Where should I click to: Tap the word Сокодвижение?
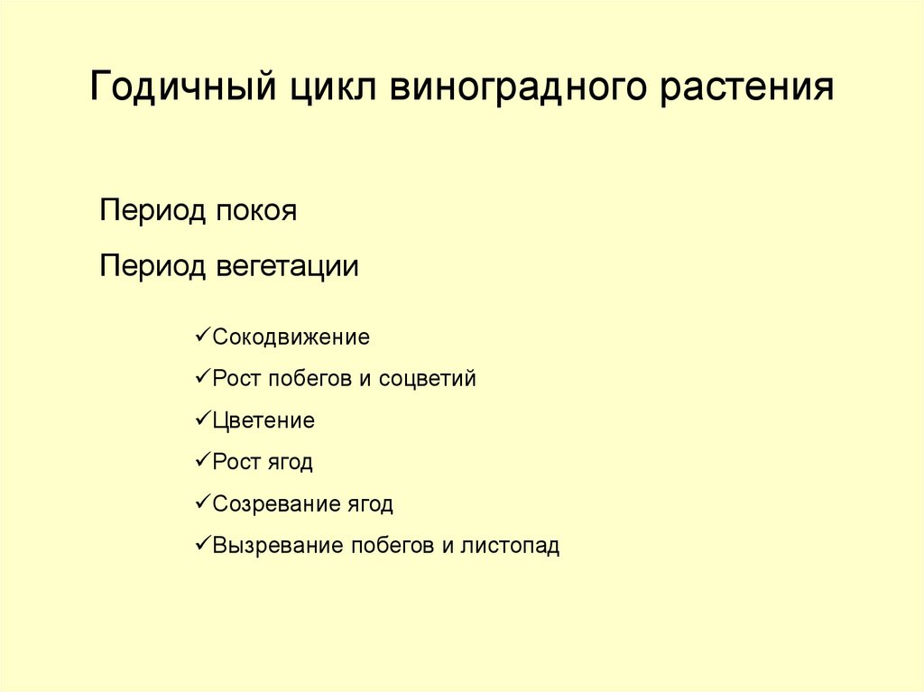click(x=291, y=337)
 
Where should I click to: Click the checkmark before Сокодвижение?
click(x=202, y=337)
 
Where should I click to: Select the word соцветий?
click(x=427, y=379)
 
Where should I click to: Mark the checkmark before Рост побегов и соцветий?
click(x=202, y=378)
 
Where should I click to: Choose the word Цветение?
click(x=263, y=420)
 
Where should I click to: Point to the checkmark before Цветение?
click(x=202, y=420)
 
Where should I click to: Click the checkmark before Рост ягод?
click(x=202, y=461)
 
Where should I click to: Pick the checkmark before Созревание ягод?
click(x=202, y=503)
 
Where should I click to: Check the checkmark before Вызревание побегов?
click(x=202, y=544)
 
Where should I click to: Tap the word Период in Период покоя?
click(x=153, y=212)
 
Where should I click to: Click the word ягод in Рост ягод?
click(x=289, y=463)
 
